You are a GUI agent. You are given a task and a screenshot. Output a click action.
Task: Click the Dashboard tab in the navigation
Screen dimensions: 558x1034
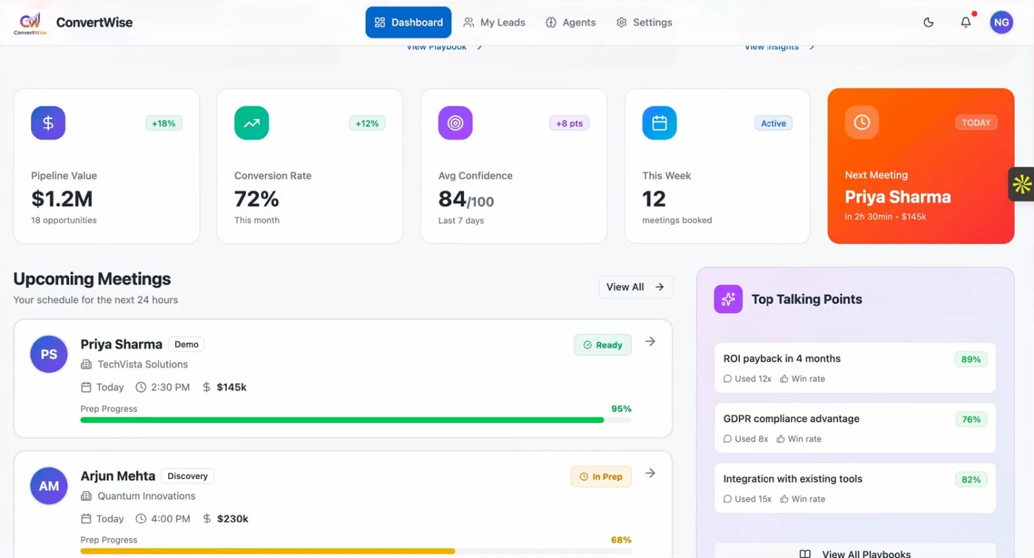tap(408, 23)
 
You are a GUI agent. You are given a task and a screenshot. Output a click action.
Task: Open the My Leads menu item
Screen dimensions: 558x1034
tap(494, 23)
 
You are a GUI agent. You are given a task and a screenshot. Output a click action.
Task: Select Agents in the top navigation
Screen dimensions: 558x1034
tap(571, 23)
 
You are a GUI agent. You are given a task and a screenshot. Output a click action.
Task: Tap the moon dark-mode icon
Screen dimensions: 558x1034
tap(929, 23)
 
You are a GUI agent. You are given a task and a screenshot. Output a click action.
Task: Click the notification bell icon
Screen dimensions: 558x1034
tap(965, 23)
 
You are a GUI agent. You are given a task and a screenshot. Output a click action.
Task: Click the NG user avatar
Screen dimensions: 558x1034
tap(1001, 23)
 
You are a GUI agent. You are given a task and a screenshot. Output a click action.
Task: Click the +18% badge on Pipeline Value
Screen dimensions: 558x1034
tap(164, 123)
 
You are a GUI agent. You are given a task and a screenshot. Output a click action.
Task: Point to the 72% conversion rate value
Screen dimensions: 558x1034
tap(257, 199)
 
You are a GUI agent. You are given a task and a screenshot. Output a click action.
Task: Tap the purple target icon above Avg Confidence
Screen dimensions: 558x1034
tap(455, 123)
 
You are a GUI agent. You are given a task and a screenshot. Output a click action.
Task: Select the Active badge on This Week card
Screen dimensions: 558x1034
tap(773, 123)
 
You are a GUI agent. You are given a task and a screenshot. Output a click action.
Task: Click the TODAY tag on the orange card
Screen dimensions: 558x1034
tap(976, 123)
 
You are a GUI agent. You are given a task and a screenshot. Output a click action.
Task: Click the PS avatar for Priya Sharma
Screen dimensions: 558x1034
tap(49, 354)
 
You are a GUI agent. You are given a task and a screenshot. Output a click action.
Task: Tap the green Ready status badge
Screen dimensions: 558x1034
tap(602, 345)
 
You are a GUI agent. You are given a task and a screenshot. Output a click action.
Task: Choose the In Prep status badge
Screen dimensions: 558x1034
tap(600, 477)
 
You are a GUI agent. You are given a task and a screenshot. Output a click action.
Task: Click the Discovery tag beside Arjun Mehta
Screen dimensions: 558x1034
tap(187, 477)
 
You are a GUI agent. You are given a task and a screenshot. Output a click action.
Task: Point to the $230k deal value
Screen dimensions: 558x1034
tap(233, 519)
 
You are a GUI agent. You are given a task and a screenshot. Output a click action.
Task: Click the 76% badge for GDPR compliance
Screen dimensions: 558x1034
tap(971, 420)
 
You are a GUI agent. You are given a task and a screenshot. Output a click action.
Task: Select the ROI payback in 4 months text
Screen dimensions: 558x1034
tap(781, 359)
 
